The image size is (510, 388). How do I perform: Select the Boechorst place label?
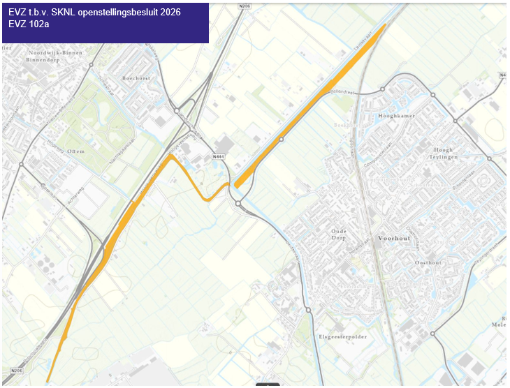[x=136, y=78]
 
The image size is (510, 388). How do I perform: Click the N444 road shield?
[x=218, y=157]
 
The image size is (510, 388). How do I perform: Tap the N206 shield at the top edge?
[x=243, y=5]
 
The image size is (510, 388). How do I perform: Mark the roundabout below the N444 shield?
[x=238, y=204]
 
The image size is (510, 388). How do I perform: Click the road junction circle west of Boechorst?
[x=90, y=64]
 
